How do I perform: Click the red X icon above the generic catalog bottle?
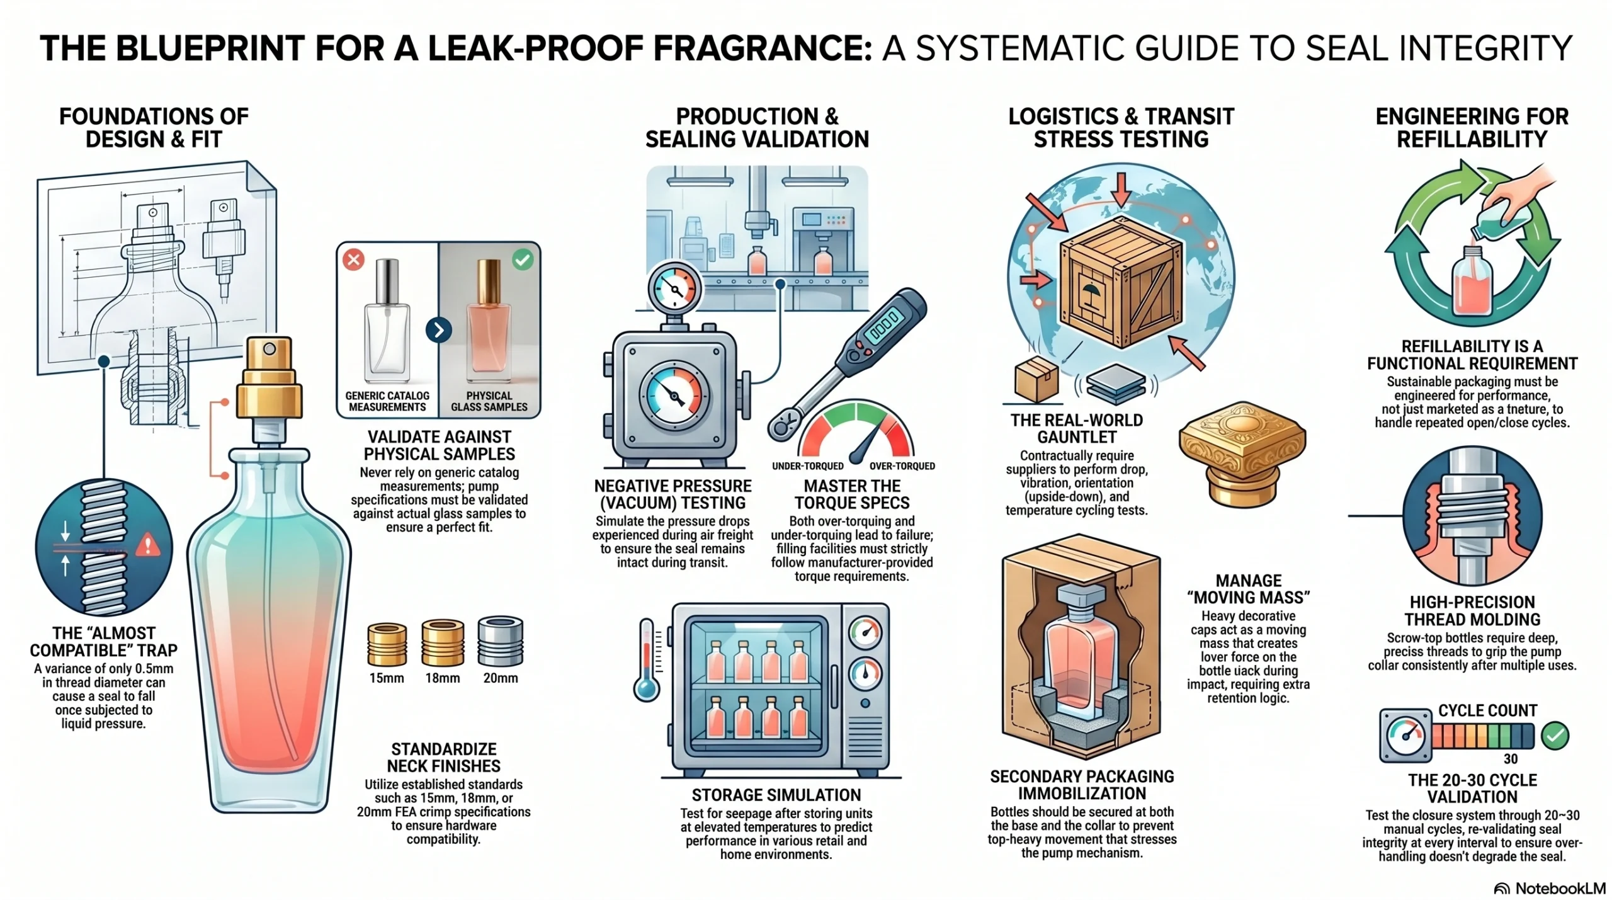coord(353,259)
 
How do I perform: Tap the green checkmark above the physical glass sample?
coord(522,259)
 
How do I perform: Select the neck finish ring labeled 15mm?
coord(387,644)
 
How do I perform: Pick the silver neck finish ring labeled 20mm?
coord(501,641)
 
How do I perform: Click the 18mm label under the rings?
coord(443,678)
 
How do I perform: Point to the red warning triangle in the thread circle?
coord(147,544)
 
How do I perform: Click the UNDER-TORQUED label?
coord(808,466)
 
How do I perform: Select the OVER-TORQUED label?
coord(902,466)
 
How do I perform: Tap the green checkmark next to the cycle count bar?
coord(1555,735)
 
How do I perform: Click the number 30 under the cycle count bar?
coord(1510,758)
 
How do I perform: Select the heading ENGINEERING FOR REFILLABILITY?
coord(1472,127)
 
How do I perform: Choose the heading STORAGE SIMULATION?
coord(776,795)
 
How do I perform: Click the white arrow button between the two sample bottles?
coord(438,329)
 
